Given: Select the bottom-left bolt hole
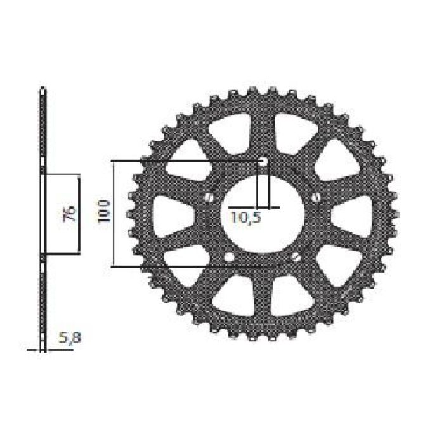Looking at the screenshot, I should point(230,257).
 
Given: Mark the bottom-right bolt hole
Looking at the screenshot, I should point(296,257).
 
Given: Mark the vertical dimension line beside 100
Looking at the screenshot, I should point(114,213).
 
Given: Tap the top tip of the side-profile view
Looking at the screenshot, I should point(42,88).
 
